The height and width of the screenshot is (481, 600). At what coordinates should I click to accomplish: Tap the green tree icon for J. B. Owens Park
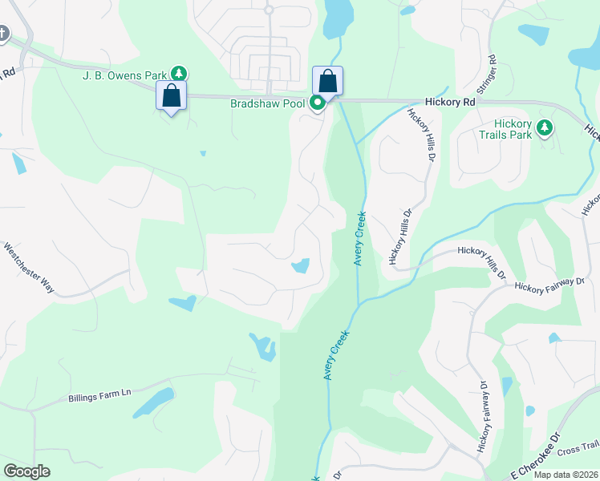(x=180, y=74)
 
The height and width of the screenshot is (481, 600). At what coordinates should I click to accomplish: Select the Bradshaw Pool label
(x=268, y=103)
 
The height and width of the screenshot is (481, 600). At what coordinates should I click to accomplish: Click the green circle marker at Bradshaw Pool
(x=318, y=103)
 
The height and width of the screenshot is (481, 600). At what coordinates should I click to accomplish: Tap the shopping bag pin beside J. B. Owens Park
(x=171, y=96)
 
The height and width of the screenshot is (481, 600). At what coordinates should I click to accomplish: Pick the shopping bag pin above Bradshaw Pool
(x=327, y=81)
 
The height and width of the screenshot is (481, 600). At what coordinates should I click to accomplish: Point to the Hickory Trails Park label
(x=513, y=129)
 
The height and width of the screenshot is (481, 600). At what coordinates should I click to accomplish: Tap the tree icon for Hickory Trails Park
(x=545, y=127)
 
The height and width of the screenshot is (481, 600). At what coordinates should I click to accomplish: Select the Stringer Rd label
(x=491, y=71)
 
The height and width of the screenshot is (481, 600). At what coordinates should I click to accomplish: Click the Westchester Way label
(x=29, y=268)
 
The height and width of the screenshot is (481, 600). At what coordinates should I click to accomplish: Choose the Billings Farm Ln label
(x=99, y=395)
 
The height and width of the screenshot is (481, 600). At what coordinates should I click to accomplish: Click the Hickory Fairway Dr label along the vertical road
(x=484, y=416)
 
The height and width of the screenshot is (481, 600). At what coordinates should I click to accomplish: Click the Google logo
(x=26, y=471)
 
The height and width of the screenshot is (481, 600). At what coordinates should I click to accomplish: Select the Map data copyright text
(x=566, y=475)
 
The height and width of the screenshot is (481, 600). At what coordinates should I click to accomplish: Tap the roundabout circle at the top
(x=269, y=10)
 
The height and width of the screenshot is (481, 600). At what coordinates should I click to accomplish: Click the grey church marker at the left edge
(x=2, y=34)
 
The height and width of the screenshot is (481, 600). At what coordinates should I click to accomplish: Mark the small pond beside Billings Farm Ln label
(x=155, y=402)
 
